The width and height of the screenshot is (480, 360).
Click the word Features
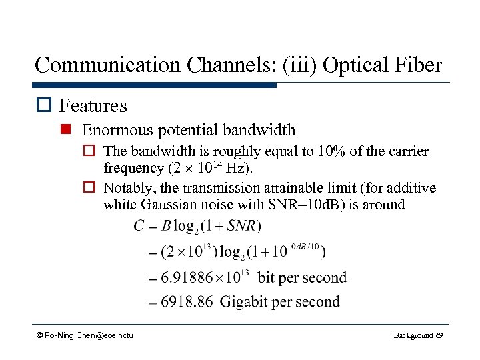[93, 105]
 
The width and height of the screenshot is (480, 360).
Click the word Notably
[131, 189]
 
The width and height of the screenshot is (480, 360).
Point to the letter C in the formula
[139, 226]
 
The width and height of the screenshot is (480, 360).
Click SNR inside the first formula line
[242, 226]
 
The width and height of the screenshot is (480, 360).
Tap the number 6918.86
[185, 302]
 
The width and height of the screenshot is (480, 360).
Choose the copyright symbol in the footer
[40, 335]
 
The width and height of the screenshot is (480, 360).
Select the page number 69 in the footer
[439, 335]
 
